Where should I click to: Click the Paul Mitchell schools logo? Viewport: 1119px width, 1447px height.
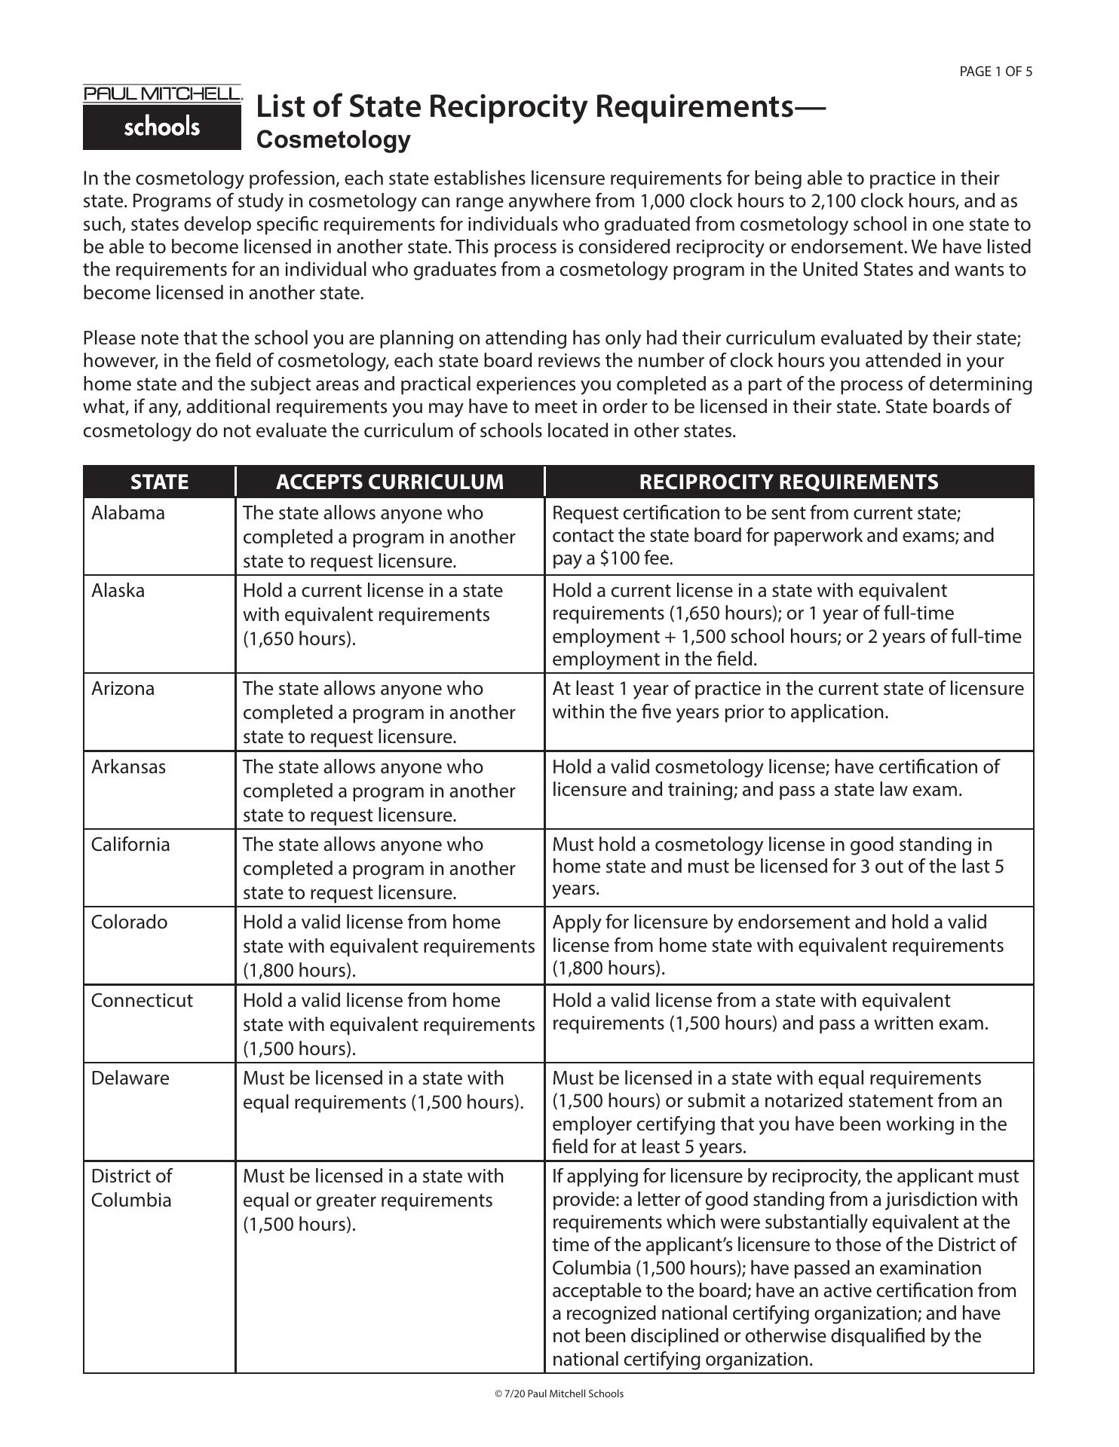[x=162, y=118]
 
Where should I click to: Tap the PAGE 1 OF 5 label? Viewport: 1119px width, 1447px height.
[x=995, y=72]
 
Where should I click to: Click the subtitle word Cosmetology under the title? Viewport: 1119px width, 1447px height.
[x=333, y=140]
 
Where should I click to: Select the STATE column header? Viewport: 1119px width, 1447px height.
[x=159, y=482]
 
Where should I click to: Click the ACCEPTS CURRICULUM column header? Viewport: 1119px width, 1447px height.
[x=389, y=482]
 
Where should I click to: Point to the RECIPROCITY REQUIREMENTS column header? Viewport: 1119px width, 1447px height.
[x=788, y=482]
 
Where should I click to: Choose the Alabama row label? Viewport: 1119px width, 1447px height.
[x=127, y=513]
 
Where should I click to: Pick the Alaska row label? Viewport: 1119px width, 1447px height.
[x=118, y=591]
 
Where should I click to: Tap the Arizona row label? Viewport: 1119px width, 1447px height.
[x=122, y=689]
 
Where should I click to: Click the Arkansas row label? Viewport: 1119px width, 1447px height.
[x=128, y=767]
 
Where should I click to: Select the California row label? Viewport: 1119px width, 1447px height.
[x=130, y=845]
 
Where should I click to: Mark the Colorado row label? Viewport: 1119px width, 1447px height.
[x=129, y=922]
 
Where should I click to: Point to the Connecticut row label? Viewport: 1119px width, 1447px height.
[x=142, y=1001]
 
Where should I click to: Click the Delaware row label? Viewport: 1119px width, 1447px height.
[x=130, y=1078]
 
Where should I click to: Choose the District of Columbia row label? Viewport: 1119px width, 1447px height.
[x=131, y=1188]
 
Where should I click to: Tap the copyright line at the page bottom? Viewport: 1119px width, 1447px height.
[x=559, y=1393]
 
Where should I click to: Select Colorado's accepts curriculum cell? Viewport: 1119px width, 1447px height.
[x=388, y=946]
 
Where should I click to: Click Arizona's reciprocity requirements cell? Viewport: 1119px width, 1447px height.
[x=788, y=700]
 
